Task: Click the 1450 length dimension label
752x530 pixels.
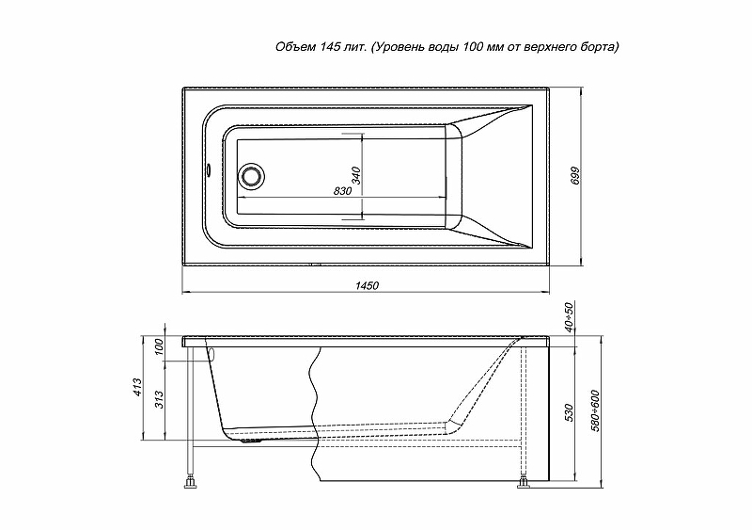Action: click(367, 285)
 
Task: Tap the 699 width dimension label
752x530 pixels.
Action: click(576, 176)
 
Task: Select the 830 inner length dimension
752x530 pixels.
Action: click(342, 191)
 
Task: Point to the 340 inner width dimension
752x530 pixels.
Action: click(356, 176)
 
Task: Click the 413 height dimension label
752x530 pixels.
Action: click(137, 387)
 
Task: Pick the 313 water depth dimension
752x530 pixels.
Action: click(160, 399)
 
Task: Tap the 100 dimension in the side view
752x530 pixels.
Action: click(160, 347)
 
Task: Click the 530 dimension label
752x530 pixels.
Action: click(569, 413)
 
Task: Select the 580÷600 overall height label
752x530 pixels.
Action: click(595, 410)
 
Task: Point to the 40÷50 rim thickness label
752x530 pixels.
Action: click(569, 317)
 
